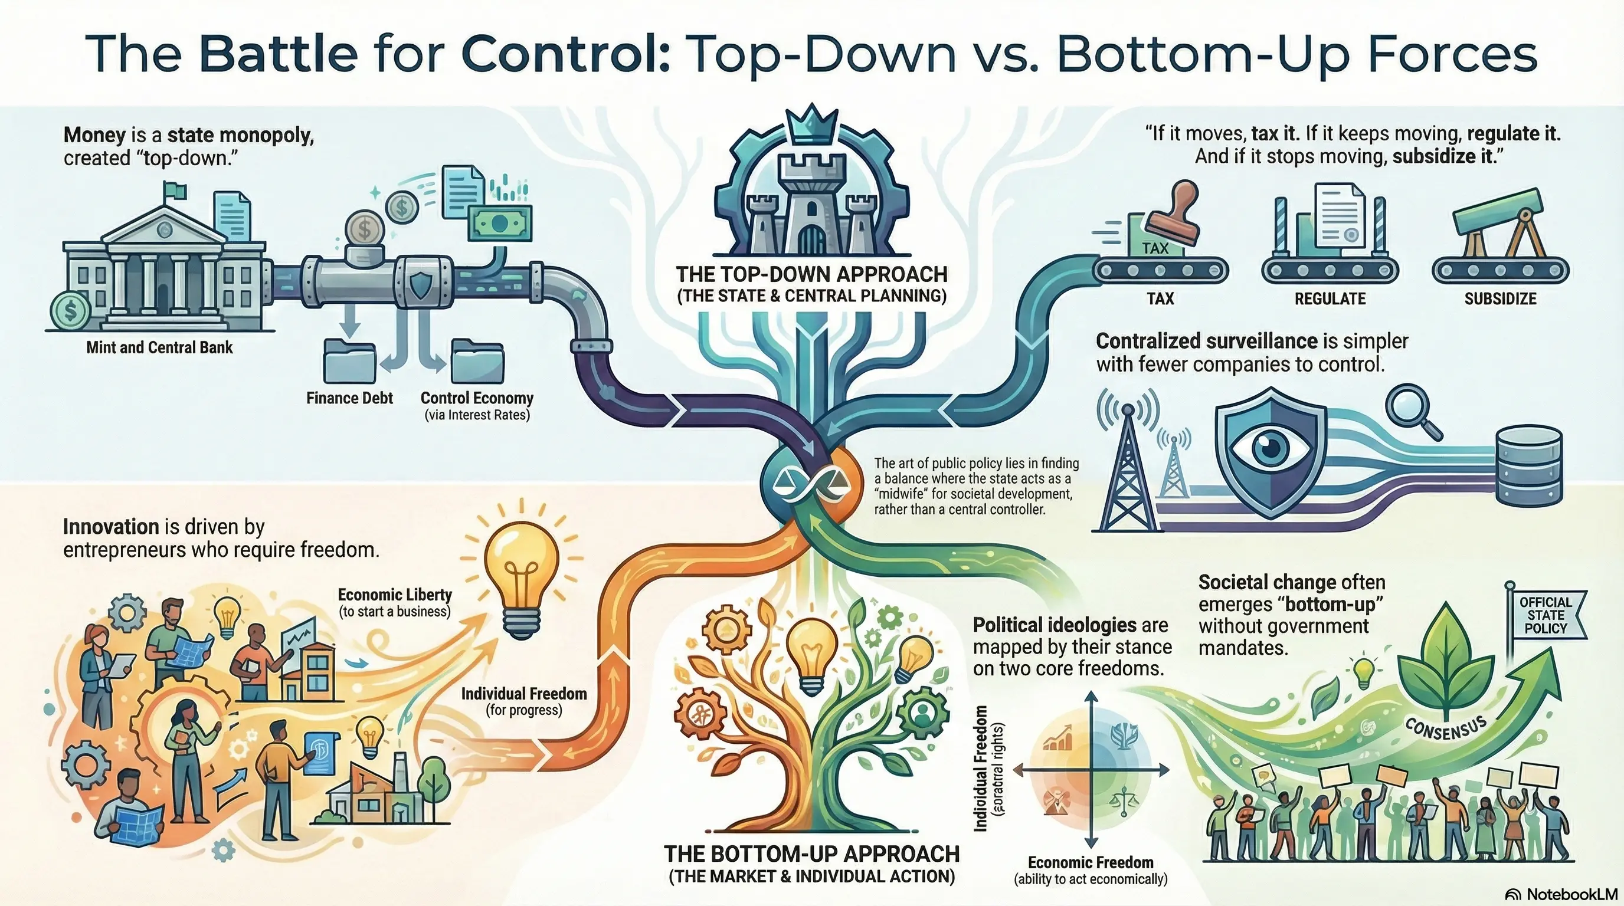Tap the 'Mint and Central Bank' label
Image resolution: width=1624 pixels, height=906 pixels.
[x=159, y=347]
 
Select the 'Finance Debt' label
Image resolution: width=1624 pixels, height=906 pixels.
[x=349, y=398]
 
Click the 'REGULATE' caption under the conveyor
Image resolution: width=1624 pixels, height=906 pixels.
[x=1330, y=298]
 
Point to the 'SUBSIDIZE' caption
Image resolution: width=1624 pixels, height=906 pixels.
[x=1500, y=298]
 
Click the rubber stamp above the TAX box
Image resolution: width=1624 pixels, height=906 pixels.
[x=1173, y=215]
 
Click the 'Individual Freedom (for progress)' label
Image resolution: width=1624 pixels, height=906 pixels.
[x=524, y=701]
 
